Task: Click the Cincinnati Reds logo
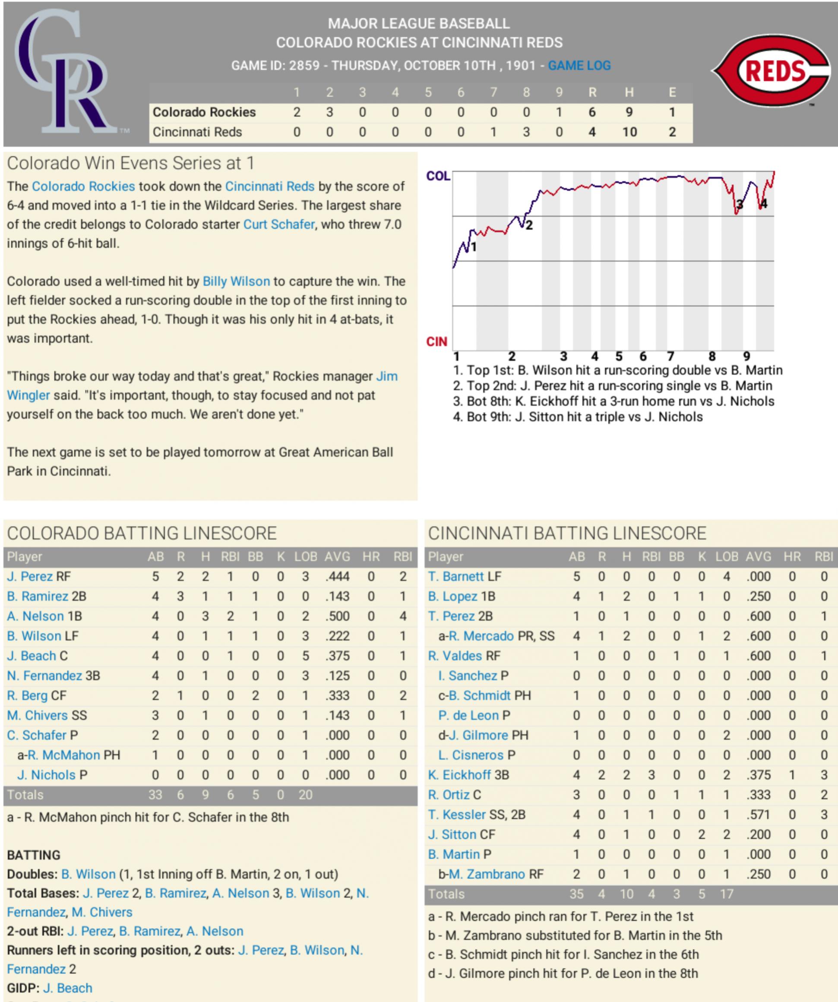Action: click(772, 71)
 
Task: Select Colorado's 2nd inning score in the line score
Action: click(329, 112)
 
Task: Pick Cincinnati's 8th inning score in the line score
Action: click(526, 132)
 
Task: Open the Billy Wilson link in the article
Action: click(236, 281)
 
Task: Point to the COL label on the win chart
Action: click(438, 176)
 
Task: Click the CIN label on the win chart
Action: click(436, 341)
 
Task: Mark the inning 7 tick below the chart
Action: click(670, 356)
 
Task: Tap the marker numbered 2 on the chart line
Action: click(529, 225)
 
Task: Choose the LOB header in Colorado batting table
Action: click(305, 556)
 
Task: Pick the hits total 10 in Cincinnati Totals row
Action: click(626, 894)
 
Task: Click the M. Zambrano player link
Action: click(486, 874)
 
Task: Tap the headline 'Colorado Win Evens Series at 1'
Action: click(130, 163)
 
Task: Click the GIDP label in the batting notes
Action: click(23, 988)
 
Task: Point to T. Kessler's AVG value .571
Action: click(758, 815)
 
